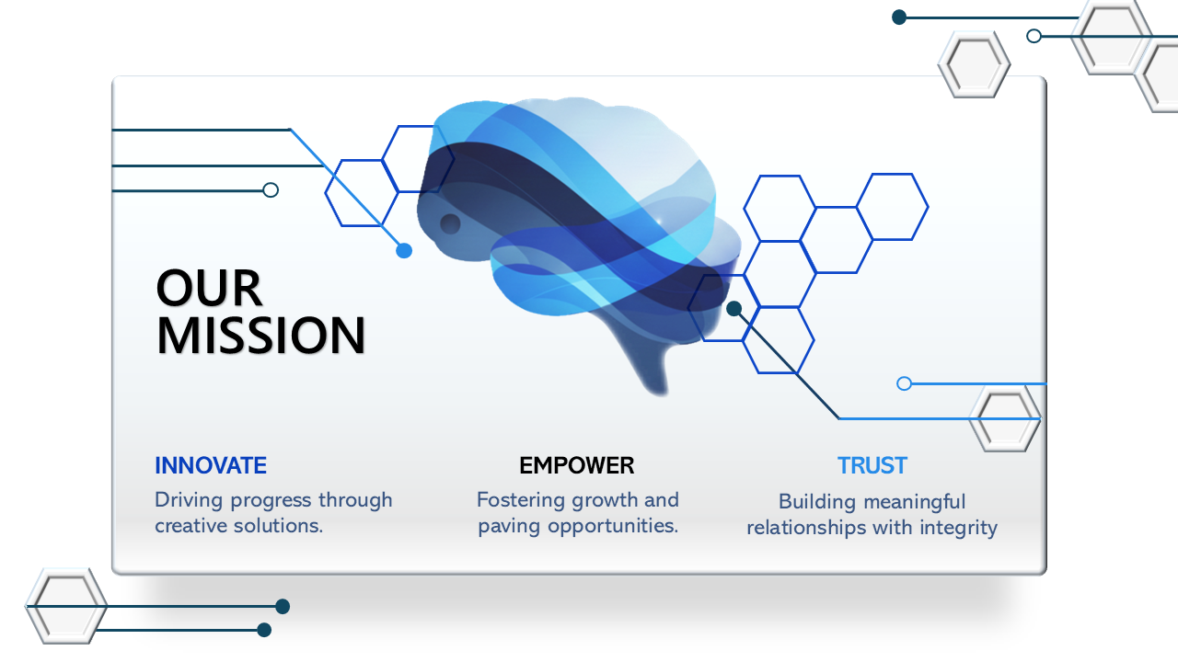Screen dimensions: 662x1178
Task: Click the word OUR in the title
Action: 209,289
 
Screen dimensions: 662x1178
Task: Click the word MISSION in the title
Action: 261,336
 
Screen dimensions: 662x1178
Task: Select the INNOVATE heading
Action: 211,466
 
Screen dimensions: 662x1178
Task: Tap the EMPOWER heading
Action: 577,466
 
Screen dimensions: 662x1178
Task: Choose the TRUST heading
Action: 872,466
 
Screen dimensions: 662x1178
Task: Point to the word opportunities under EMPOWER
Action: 612,527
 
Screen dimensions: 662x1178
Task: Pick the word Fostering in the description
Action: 521,501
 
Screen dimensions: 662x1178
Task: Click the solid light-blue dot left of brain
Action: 404,250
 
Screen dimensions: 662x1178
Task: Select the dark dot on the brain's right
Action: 733,309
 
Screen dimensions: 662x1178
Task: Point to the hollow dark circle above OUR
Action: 271,190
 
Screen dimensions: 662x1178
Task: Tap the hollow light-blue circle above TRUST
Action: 904,383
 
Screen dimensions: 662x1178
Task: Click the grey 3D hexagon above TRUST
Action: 1005,418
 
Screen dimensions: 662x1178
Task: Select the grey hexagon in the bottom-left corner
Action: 65,605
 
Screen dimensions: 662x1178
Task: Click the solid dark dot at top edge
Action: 900,17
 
